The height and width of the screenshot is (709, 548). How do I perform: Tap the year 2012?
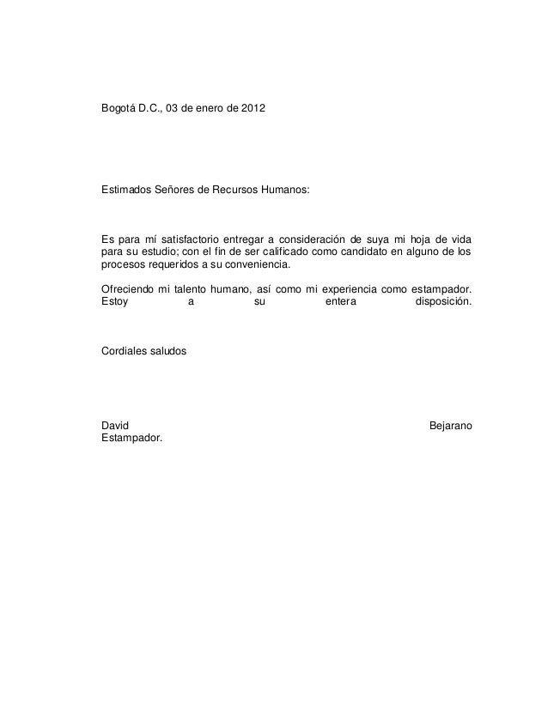pyautogui.click(x=253, y=111)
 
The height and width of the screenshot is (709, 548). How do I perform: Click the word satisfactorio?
pyautogui.click(x=184, y=238)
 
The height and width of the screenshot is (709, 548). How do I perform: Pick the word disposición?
pyautogui.click(x=442, y=303)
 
